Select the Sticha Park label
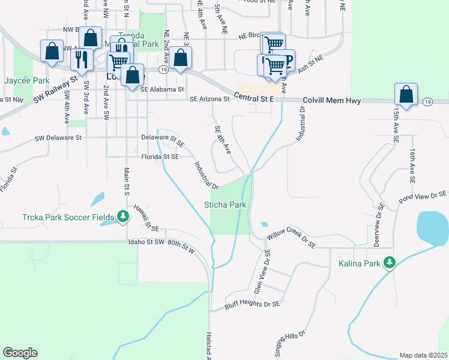225,205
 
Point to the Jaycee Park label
26,80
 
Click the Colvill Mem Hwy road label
331,101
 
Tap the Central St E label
254,97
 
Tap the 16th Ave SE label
413,166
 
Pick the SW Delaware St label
58,137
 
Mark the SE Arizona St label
209,100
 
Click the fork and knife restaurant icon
81,59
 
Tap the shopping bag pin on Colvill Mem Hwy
406,94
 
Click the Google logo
20,353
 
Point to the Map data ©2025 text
423,355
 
